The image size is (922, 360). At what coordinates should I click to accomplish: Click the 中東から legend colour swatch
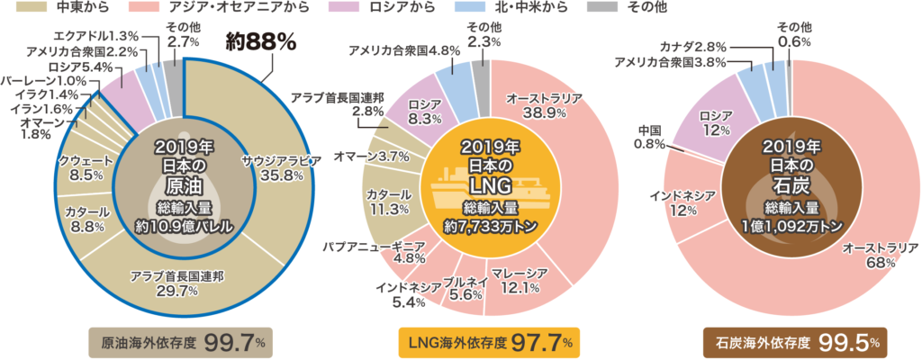[x=27, y=10]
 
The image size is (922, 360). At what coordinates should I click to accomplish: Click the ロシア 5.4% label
[x=84, y=66]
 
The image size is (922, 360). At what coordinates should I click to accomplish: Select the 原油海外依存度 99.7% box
[x=179, y=343]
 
